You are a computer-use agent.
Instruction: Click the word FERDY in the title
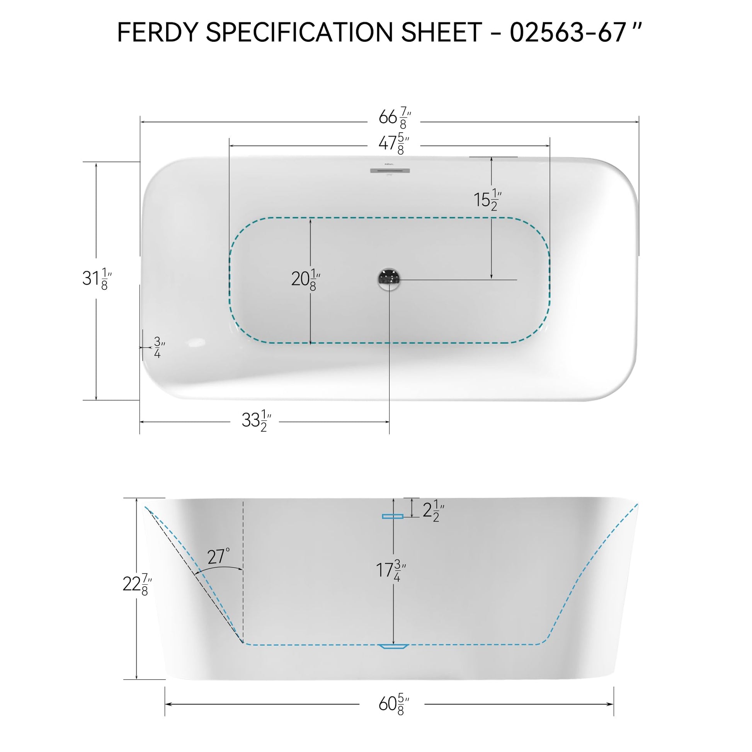(x=158, y=32)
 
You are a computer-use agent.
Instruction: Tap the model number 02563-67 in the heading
(x=568, y=32)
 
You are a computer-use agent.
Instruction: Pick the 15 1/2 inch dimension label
(x=488, y=200)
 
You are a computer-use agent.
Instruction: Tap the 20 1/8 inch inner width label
(x=306, y=279)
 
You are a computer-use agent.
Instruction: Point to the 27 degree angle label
(x=219, y=556)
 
